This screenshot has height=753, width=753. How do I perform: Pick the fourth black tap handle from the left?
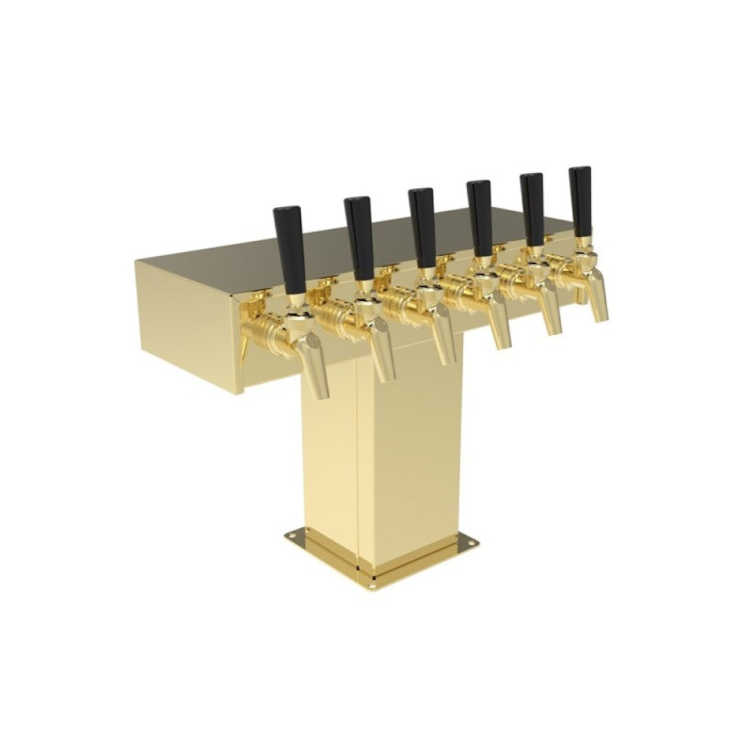[480, 218]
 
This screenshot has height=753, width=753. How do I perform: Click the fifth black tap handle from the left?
[532, 209]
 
